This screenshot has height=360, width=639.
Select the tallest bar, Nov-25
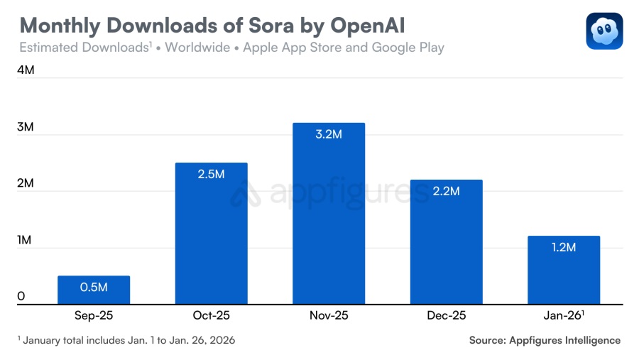coord(329,213)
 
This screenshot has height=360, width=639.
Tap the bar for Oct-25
coord(212,234)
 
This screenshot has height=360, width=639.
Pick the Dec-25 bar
coord(447,241)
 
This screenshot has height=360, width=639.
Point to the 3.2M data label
coord(329,134)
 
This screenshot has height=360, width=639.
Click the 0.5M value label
coord(94,287)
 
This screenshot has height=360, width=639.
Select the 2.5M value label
coord(212,174)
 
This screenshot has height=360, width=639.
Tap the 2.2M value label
coord(447,191)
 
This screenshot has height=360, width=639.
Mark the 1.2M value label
coord(564,247)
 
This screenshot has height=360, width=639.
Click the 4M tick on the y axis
coord(26,70)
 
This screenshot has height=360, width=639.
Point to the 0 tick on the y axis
coord(21,296)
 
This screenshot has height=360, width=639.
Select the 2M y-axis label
coord(26,183)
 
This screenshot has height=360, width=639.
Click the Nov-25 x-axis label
coord(329,315)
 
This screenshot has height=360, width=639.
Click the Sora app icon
coord(604,31)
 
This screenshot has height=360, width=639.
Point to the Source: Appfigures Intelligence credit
coord(545,340)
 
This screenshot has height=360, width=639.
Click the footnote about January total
coord(126,340)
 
